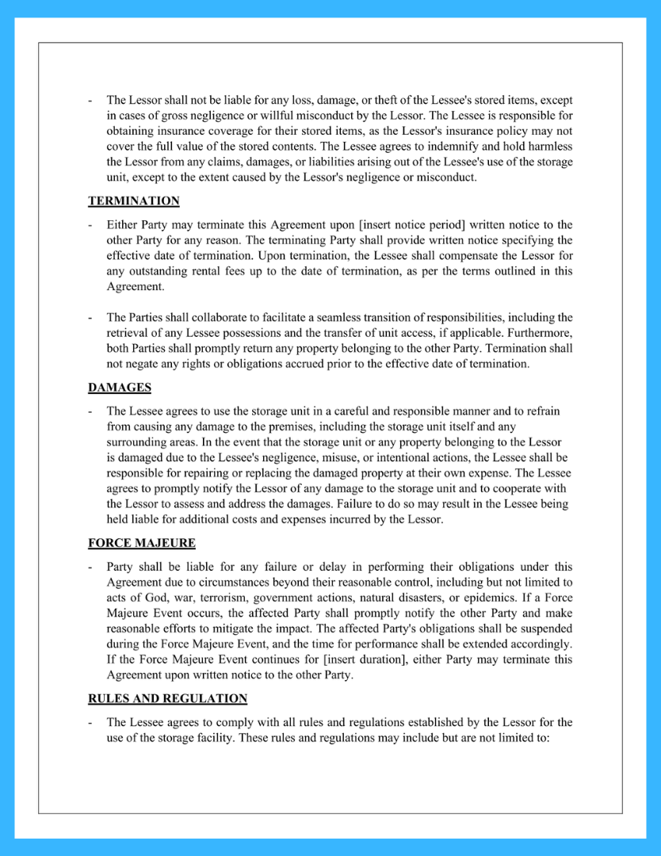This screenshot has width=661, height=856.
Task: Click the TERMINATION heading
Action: coord(133,201)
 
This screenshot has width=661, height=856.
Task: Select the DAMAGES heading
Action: coord(119,388)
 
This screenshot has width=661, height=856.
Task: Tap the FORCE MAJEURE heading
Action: coord(141,543)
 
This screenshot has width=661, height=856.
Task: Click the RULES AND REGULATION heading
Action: coord(167,698)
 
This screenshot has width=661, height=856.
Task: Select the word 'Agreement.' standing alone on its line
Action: coord(136,287)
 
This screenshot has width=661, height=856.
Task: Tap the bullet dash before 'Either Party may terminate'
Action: coord(91,225)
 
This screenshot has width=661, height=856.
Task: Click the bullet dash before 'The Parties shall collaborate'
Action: coord(91,318)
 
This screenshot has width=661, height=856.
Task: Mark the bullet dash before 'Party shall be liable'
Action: coord(91,567)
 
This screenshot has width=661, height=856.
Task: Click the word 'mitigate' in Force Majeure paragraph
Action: coord(204,629)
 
